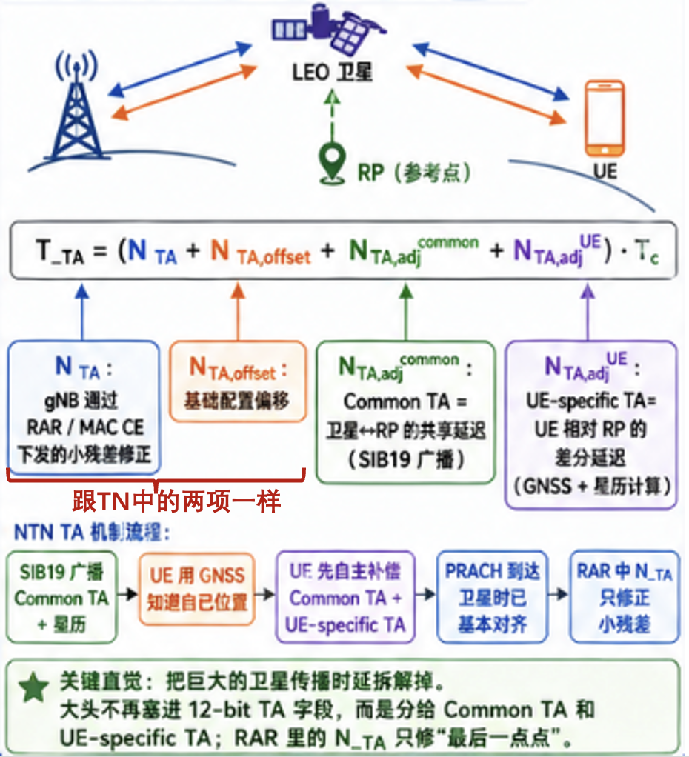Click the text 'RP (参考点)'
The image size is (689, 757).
click(415, 173)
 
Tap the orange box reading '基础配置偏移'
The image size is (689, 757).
click(238, 381)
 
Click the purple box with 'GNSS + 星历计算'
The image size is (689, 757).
click(590, 424)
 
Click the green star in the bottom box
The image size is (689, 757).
click(32, 688)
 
